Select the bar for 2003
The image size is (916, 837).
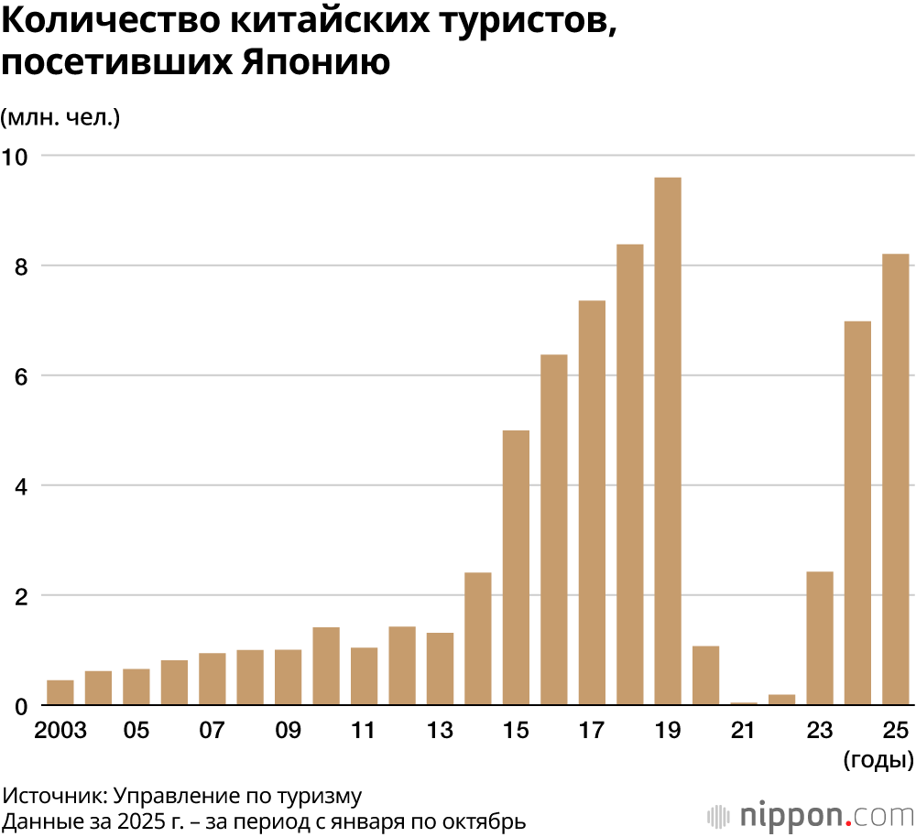tap(60, 693)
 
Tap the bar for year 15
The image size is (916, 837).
tap(516, 568)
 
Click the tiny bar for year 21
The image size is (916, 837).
tap(744, 703)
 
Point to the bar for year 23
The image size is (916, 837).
tap(820, 638)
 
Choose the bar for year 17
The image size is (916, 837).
tap(592, 503)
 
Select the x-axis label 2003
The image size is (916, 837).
tap(60, 731)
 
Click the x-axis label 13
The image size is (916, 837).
tap(440, 731)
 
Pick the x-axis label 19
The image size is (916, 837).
tap(668, 731)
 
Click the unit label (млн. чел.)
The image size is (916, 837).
tap(60, 117)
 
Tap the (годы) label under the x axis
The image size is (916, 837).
tap(877, 759)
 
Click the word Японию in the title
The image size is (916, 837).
tap(316, 62)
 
